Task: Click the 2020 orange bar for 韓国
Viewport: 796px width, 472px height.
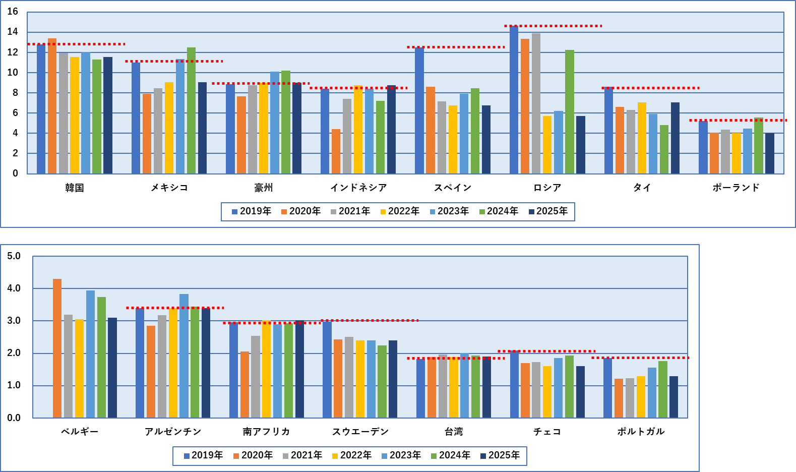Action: [52, 106]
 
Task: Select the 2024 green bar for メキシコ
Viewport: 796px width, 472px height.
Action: [191, 110]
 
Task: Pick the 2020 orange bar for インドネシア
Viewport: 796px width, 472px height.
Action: [336, 151]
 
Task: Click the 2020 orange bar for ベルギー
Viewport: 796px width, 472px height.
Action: [57, 348]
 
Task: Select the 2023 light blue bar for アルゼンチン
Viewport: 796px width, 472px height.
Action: [184, 356]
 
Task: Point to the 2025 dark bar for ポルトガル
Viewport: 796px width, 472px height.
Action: [673, 397]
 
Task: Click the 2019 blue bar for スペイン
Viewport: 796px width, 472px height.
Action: [419, 110]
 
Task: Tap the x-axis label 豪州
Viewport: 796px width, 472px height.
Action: [264, 188]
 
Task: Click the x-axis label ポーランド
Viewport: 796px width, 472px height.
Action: [736, 188]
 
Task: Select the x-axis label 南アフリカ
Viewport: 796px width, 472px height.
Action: [266, 432]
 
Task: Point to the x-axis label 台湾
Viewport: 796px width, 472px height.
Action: [454, 432]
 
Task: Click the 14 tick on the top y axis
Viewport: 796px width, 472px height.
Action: [13, 32]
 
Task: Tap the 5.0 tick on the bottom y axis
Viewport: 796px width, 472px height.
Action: [14, 256]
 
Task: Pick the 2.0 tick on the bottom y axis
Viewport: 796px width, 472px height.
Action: [14, 353]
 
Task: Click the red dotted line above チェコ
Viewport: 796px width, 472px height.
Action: [546, 351]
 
